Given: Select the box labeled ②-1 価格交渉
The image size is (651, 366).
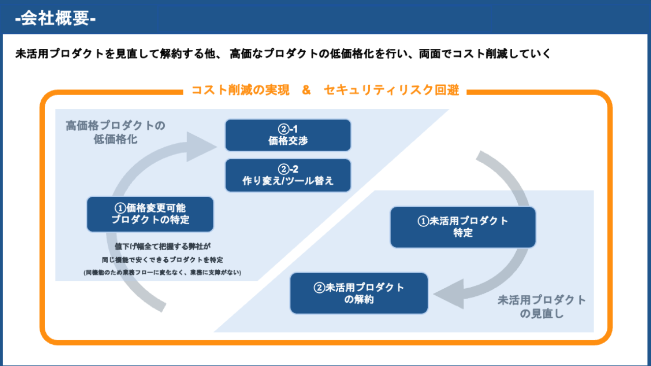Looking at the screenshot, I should (x=288, y=135).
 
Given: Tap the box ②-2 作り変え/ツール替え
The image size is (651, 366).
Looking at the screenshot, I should (x=288, y=175).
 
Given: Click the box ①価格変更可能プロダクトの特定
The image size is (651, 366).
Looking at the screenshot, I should (x=150, y=214).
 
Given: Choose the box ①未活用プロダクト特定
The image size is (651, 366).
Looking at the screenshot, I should (x=463, y=227).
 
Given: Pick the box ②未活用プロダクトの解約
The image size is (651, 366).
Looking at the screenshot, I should (x=359, y=293).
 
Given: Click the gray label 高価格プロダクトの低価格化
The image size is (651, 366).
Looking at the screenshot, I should (x=115, y=132).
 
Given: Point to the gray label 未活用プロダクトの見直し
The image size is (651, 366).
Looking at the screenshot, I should (x=542, y=307).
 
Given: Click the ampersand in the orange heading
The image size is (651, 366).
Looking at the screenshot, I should (x=306, y=90).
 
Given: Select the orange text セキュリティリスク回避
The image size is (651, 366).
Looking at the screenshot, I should (x=391, y=90).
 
